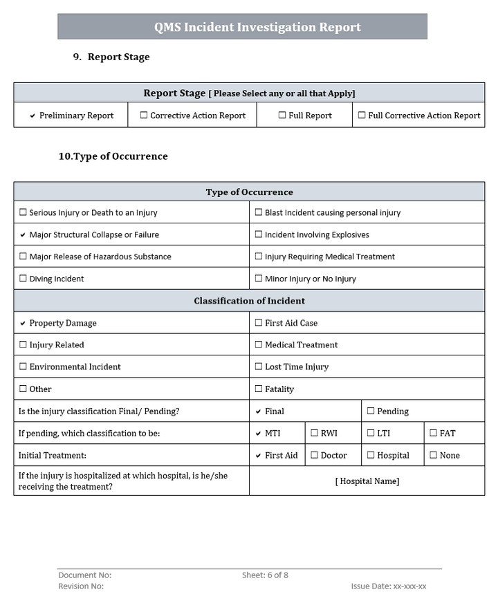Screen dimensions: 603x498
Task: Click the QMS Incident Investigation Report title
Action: tap(257, 28)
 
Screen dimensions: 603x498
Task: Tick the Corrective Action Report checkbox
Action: tap(144, 116)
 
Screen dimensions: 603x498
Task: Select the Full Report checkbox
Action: tap(282, 116)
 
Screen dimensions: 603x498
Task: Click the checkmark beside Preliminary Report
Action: tap(33, 116)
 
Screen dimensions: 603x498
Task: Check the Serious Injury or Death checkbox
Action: tap(24, 213)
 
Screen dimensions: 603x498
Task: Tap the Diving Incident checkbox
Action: tap(24, 279)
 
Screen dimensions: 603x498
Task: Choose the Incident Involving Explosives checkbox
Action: tap(259, 235)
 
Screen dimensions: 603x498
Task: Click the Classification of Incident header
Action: tap(249, 301)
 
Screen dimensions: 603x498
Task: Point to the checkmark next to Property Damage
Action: tap(23, 324)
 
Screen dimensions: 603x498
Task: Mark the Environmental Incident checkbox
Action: tap(24, 367)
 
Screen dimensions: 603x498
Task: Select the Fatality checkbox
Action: tap(259, 389)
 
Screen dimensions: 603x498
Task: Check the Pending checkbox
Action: tap(371, 411)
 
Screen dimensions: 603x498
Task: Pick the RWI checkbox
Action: tap(314, 434)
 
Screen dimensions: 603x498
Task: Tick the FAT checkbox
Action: tap(433, 434)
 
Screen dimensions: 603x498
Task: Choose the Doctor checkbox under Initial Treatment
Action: tap(314, 456)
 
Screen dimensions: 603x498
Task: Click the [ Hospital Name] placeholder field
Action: tap(367, 481)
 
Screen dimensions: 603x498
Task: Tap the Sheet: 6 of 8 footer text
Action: tap(265, 575)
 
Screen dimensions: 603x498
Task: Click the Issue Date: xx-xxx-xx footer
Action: tap(388, 586)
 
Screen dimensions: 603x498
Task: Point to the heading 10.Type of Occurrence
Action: tap(113, 156)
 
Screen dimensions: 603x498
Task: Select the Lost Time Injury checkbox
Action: tap(259, 367)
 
